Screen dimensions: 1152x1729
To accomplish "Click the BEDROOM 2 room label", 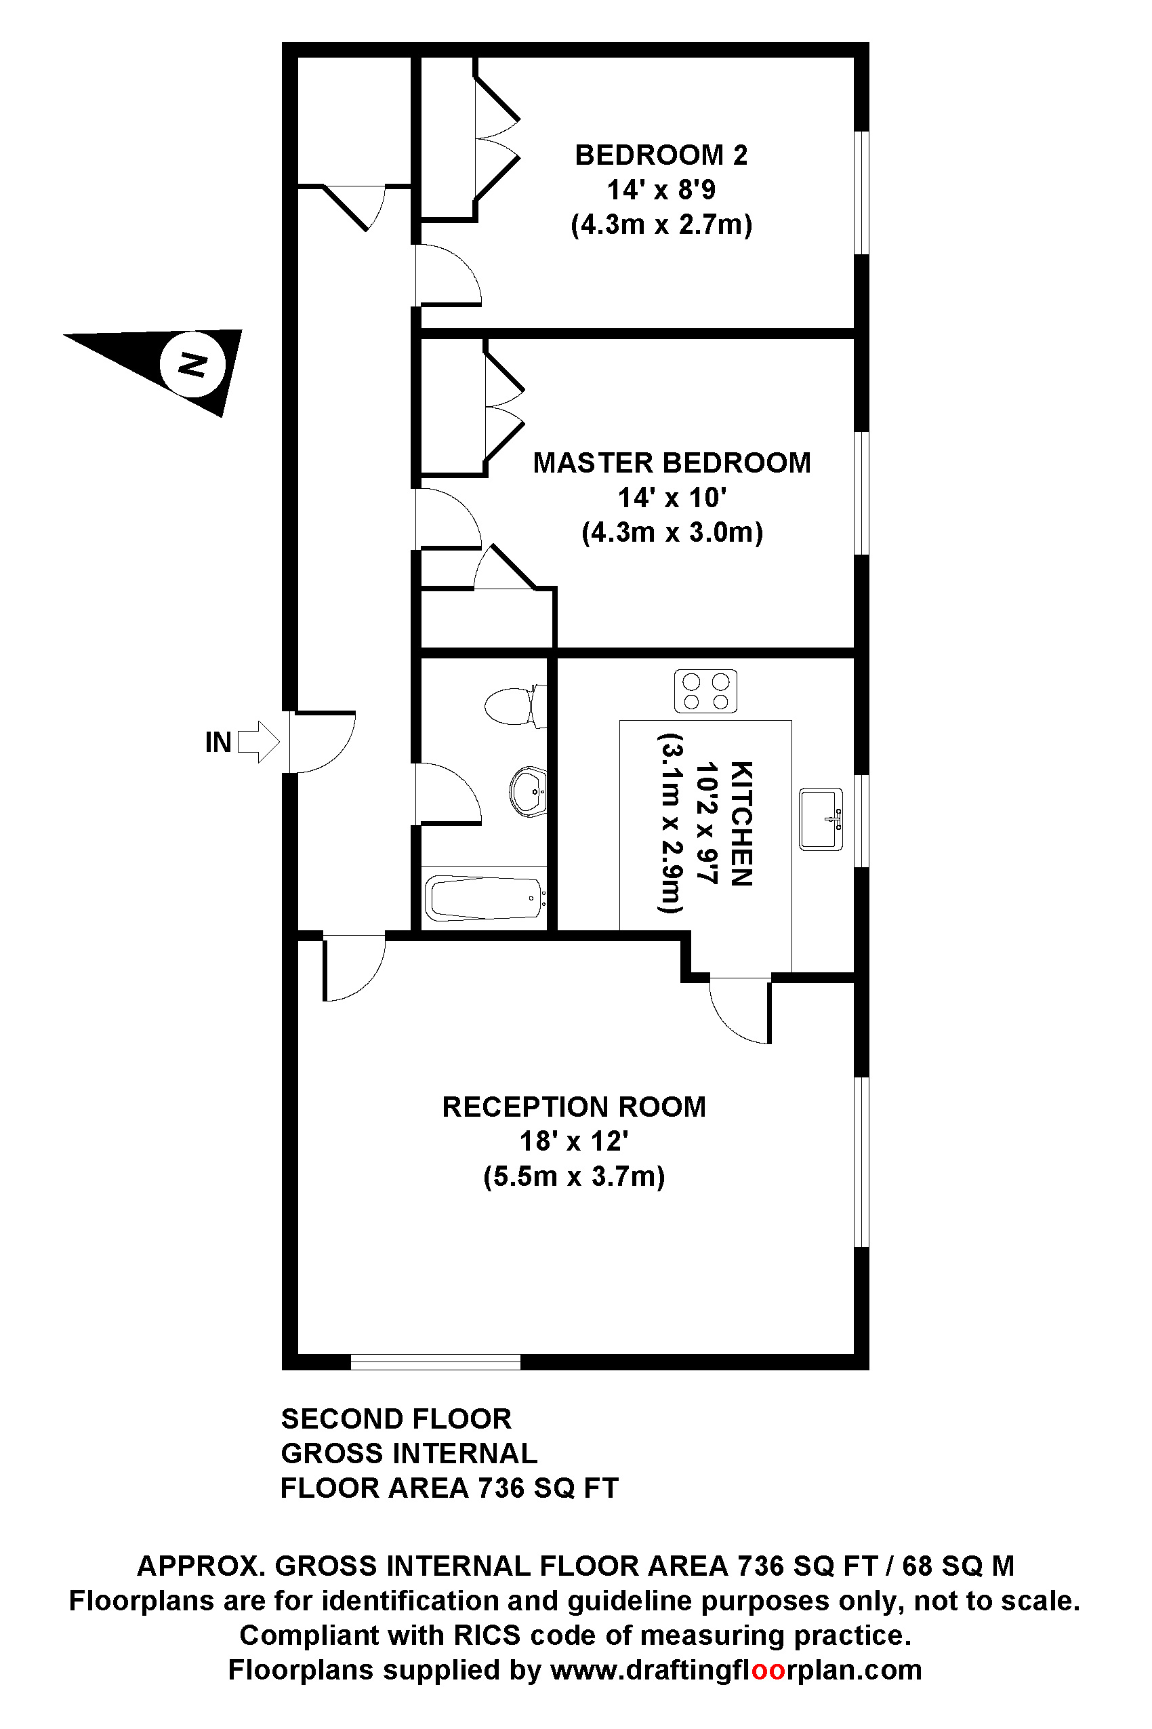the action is click(661, 155).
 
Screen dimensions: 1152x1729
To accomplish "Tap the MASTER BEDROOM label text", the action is click(672, 463).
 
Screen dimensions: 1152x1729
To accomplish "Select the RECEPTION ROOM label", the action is click(574, 1107).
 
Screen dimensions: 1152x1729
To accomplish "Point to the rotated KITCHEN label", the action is click(741, 824).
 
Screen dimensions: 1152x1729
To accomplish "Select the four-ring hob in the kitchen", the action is click(705, 692).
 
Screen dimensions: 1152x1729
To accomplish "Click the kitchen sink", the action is click(821, 819).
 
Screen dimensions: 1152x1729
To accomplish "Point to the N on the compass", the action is click(192, 365).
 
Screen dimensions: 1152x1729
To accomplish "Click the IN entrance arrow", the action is click(259, 742).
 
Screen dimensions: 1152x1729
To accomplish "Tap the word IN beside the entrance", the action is click(218, 742).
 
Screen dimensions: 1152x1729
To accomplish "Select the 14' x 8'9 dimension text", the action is click(661, 190).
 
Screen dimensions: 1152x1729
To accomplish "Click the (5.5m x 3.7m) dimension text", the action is click(574, 1176).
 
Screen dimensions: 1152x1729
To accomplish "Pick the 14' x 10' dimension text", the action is click(672, 498).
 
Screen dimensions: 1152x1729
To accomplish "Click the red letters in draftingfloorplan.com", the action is click(768, 1670).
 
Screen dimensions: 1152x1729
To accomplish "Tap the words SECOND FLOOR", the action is click(396, 1418).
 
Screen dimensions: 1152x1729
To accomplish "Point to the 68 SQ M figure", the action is click(958, 1566).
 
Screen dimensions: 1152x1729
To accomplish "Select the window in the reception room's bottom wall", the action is click(436, 1362).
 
